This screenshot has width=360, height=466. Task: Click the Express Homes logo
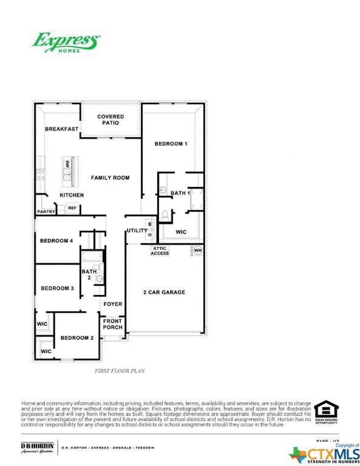tap(66, 42)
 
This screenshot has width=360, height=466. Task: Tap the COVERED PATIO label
tap(110, 120)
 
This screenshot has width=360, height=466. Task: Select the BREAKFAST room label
tap(62, 129)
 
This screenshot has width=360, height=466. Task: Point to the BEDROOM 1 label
tap(171, 144)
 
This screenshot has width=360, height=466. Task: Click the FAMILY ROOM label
tap(110, 178)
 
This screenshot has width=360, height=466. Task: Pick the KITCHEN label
tap(72, 195)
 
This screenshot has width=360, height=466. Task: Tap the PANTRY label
tap(46, 212)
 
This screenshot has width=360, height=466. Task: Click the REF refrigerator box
tap(72, 208)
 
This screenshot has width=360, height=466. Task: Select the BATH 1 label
tap(180, 193)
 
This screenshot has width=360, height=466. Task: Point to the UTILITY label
tap(137, 231)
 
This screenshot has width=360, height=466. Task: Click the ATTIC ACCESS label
tap(160, 251)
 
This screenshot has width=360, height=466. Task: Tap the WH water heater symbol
tap(197, 250)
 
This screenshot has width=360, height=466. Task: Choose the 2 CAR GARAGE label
tap(165, 292)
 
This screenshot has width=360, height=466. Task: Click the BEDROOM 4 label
tap(56, 241)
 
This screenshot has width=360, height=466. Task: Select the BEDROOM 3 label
tap(57, 288)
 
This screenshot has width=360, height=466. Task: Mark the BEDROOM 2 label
tap(76, 337)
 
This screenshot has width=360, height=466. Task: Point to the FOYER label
tap(113, 304)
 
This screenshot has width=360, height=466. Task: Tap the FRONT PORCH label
tap(113, 324)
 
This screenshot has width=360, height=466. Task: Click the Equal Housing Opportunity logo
tap(326, 413)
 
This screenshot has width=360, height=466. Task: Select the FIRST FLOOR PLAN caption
tap(120, 370)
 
